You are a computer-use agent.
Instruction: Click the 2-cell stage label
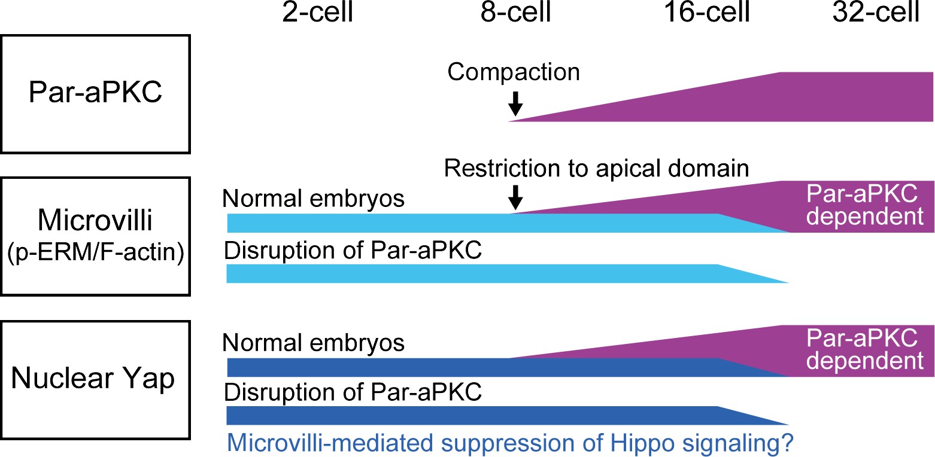pos(318,12)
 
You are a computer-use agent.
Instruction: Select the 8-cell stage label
pos(515,12)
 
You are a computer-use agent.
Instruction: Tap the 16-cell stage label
pos(707,12)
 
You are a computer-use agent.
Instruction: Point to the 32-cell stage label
pos(876,12)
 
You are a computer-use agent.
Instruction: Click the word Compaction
pos(514,72)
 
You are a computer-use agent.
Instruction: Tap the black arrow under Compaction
pos(515,103)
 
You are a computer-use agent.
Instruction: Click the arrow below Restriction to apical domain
pos(515,197)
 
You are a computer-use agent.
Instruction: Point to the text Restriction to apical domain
pos(596,169)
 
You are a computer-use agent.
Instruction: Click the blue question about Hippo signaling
pos(509,443)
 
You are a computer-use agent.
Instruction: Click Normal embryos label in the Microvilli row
pos(313,199)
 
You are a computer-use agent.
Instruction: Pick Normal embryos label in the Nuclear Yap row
pos(313,343)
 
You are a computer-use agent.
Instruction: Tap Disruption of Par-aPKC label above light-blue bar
pos(353,251)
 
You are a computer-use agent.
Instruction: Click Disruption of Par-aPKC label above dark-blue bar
pos(353,392)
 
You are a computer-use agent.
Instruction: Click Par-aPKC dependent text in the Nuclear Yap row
pos(864,349)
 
